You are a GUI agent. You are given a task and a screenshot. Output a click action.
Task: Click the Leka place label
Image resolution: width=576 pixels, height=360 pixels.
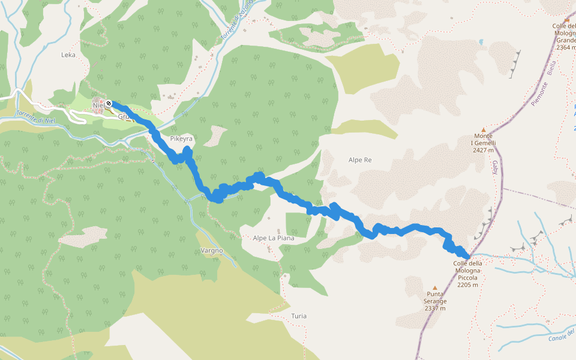click(68, 55)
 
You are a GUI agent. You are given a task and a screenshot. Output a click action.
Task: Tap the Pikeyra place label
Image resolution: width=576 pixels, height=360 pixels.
click(181, 139)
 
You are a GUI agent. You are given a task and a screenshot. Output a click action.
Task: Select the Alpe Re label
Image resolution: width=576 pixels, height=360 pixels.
click(360, 160)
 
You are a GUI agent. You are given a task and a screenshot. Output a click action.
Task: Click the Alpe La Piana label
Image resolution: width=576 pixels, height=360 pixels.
click(274, 238)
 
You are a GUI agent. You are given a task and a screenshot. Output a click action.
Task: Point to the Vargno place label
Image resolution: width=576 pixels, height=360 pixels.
click(212, 250)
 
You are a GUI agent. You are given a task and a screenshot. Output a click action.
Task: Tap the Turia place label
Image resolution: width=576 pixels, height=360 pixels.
click(299, 316)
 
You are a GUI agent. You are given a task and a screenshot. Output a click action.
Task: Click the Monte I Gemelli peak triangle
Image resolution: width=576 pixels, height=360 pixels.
click(483, 129)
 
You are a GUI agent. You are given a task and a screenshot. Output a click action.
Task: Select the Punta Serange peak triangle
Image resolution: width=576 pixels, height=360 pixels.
click(435, 287)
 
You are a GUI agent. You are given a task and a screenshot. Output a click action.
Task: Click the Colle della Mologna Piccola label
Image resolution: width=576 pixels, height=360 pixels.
click(467, 271)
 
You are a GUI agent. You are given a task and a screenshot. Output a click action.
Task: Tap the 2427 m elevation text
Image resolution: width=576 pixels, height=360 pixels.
click(483, 151)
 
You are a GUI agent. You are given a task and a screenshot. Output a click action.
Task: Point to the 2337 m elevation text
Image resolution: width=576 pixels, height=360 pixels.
click(435, 308)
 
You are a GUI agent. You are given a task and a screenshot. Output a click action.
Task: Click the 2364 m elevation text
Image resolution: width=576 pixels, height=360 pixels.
click(565, 47)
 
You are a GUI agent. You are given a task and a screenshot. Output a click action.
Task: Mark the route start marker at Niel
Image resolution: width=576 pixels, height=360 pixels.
click(109, 104)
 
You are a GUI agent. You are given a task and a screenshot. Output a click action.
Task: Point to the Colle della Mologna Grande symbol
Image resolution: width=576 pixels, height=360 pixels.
click(566, 19)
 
